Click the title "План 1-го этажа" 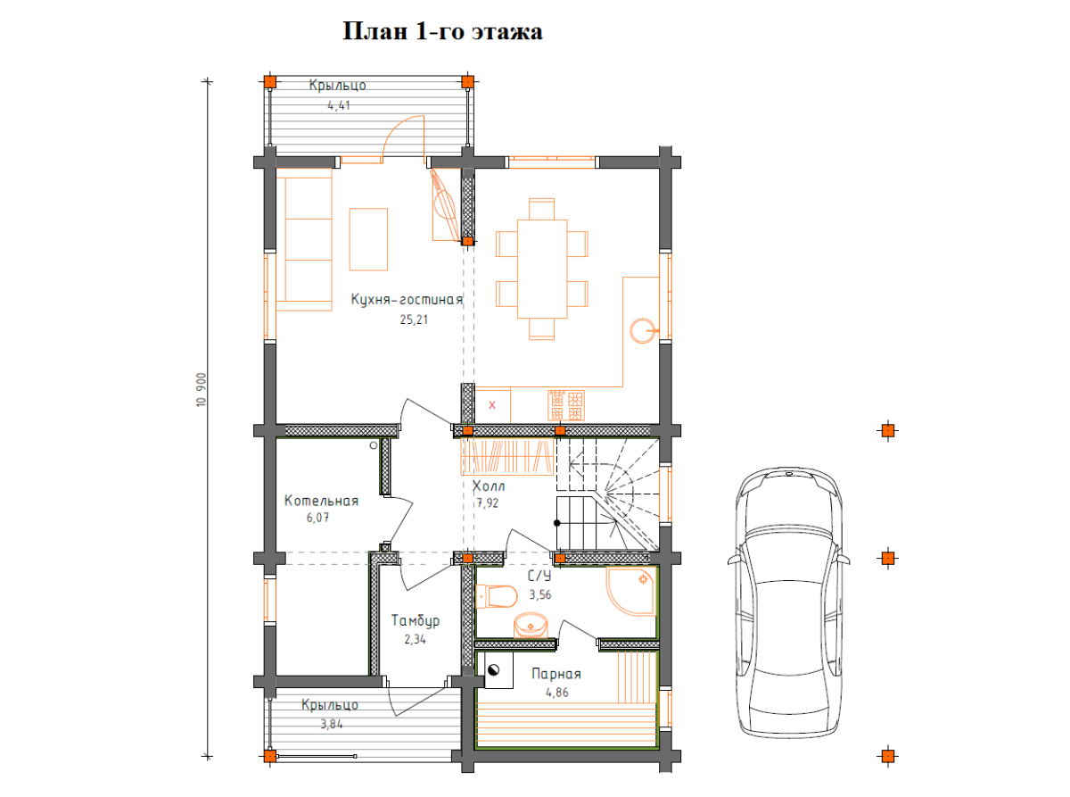442,31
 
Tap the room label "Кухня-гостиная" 407,300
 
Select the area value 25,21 414,320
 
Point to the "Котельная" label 321,501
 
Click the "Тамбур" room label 415,620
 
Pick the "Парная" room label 556,675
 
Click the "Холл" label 489,486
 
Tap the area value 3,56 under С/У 539,595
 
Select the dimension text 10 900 202,389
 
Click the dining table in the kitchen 542,269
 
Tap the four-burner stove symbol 566,405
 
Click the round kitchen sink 643,331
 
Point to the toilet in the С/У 496,596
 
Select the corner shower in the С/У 631,591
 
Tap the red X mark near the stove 492,405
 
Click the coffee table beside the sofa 368,239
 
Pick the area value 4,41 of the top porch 339,105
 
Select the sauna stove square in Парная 498,670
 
